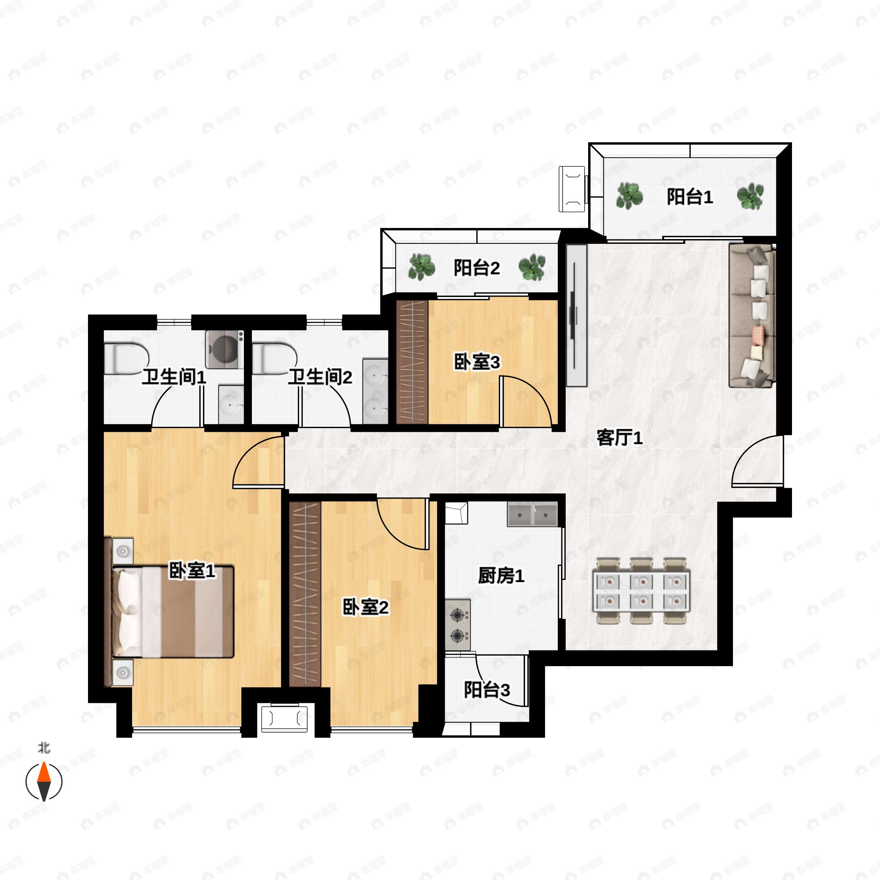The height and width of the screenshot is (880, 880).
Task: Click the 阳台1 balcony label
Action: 690,197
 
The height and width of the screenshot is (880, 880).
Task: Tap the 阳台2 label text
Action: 476,268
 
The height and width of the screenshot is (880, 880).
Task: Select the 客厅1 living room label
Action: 619,438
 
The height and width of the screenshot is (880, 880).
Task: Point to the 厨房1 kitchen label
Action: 501,576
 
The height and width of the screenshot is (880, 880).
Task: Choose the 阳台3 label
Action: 487,690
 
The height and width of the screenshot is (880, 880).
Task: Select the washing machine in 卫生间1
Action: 224,349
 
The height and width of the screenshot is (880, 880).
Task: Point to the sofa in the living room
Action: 752,316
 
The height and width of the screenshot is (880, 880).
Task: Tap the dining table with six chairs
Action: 641,591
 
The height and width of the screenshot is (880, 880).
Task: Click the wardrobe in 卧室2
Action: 305,594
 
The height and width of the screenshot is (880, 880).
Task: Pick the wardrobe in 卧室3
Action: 412,362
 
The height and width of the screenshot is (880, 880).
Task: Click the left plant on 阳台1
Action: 630,196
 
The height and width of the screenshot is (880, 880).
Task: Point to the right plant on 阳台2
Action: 532,267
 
